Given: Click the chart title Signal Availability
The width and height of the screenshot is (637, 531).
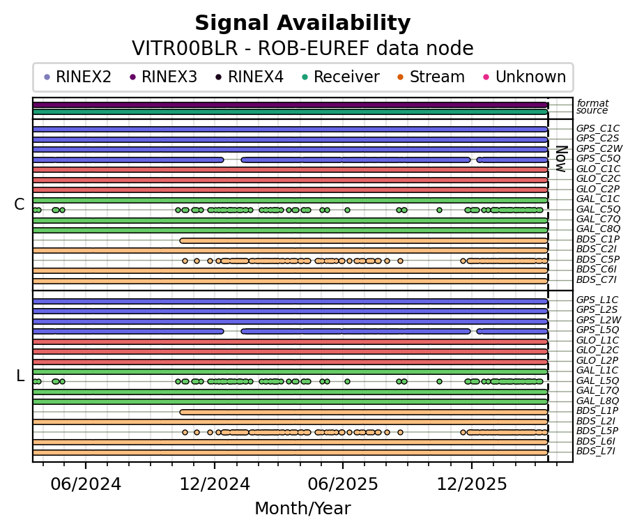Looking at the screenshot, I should [302, 24].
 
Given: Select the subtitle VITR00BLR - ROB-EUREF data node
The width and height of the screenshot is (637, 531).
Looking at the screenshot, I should [302, 49].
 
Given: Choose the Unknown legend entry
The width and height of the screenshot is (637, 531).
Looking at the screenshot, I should [530, 77].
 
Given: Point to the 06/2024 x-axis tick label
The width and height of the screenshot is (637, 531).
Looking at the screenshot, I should [86, 484].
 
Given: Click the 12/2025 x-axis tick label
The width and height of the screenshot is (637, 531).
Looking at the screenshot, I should [471, 484].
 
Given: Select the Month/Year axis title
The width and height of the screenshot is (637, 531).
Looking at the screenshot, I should [302, 509].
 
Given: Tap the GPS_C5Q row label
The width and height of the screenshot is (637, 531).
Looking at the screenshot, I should [598, 159].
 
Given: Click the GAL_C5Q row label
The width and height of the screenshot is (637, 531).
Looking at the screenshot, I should [598, 209].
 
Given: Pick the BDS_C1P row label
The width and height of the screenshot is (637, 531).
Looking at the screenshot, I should [598, 240].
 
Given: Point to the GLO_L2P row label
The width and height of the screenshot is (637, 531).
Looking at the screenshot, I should [598, 360].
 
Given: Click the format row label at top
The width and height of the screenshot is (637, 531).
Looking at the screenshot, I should [592, 103].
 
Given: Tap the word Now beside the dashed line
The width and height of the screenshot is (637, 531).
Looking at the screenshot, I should [560, 159].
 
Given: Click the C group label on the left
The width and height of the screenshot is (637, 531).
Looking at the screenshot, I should [20, 205].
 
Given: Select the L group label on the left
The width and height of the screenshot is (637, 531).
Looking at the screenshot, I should [20, 376].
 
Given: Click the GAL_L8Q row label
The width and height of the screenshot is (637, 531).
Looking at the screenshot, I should [598, 401].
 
